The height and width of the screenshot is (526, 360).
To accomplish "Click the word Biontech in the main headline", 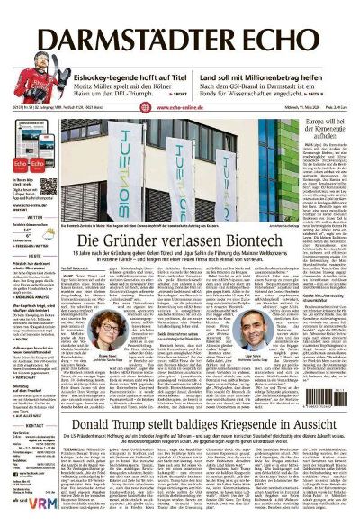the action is tap(262, 241).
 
